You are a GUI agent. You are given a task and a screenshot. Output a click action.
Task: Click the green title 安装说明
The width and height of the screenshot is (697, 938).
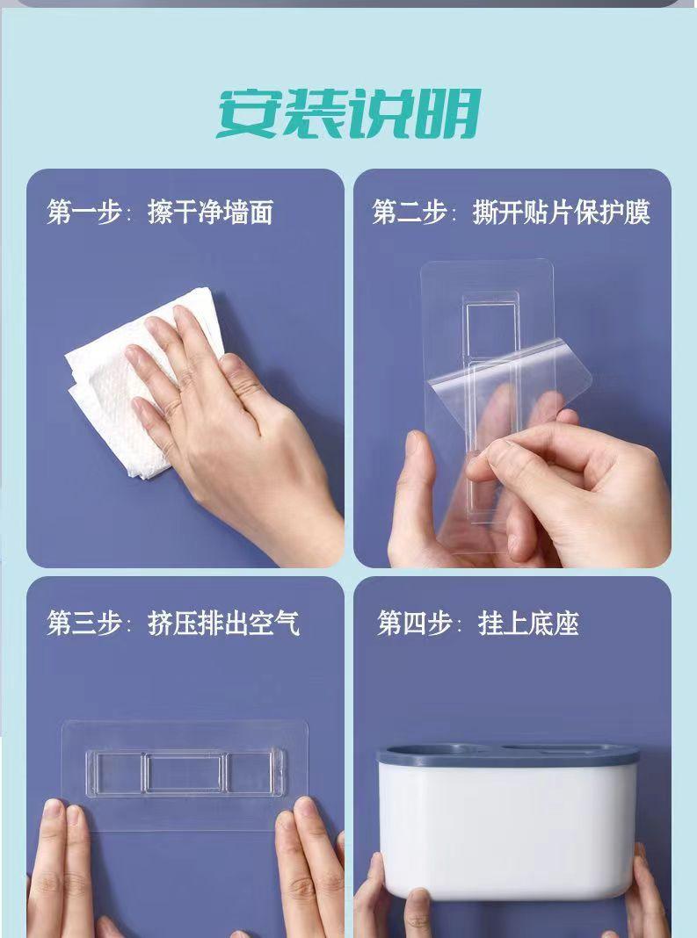(349, 113)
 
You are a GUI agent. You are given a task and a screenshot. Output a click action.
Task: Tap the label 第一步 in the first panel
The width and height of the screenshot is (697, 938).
(84, 213)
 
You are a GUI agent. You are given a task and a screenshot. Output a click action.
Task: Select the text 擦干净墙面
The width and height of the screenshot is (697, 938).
(210, 213)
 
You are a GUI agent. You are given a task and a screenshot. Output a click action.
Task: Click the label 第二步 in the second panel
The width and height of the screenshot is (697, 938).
(410, 213)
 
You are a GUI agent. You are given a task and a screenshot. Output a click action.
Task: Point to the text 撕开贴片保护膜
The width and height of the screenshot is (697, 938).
(561, 213)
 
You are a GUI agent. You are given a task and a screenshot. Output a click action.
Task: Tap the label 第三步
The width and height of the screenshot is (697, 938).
(84, 624)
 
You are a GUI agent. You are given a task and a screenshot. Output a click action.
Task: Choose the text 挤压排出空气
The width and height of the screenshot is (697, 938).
(223, 624)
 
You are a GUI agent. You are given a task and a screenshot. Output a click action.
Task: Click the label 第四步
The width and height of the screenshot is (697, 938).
(414, 624)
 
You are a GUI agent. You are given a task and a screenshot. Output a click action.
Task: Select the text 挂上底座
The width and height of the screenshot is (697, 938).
(528, 624)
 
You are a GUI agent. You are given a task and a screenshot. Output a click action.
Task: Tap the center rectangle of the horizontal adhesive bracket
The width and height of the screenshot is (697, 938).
(185, 772)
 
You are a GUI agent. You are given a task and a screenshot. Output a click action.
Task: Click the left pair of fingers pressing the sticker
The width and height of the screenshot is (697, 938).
(60, 868)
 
